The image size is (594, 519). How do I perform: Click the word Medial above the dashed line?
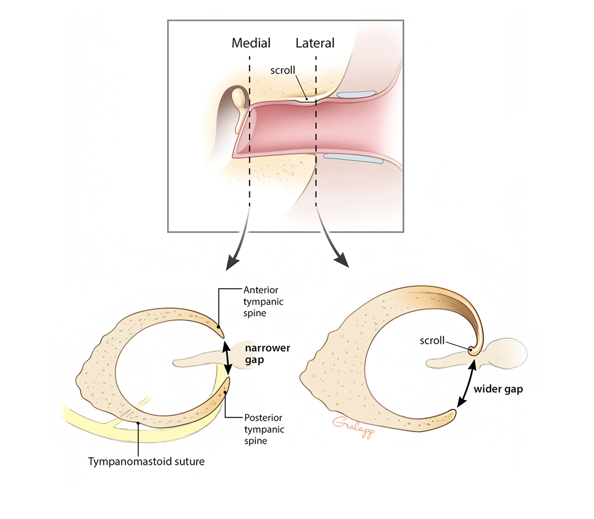(x=251, y=43)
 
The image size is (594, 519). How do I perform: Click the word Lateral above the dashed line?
(x=315, y=43)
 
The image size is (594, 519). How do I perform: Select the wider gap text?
(x=498, y=389)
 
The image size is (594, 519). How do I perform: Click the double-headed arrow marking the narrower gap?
(x=227, y=357)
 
